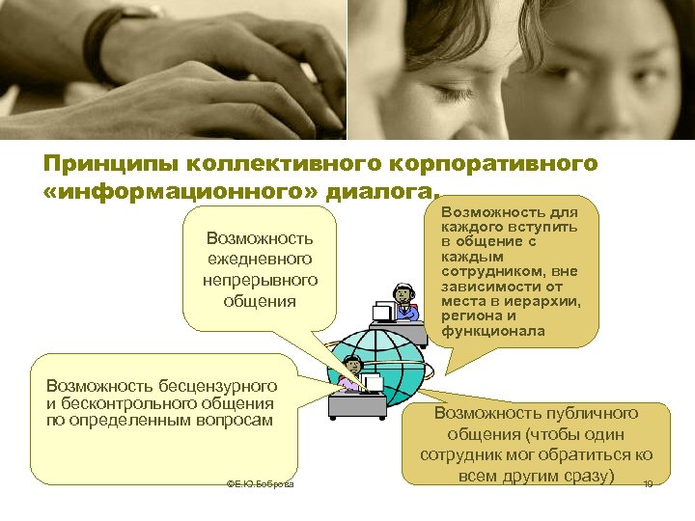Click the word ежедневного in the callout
260,259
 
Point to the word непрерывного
260,280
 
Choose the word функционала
493,331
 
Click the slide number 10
649,484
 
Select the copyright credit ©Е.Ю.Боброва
259,483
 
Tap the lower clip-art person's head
353,366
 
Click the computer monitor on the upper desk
384,310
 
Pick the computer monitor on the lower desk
372,384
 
